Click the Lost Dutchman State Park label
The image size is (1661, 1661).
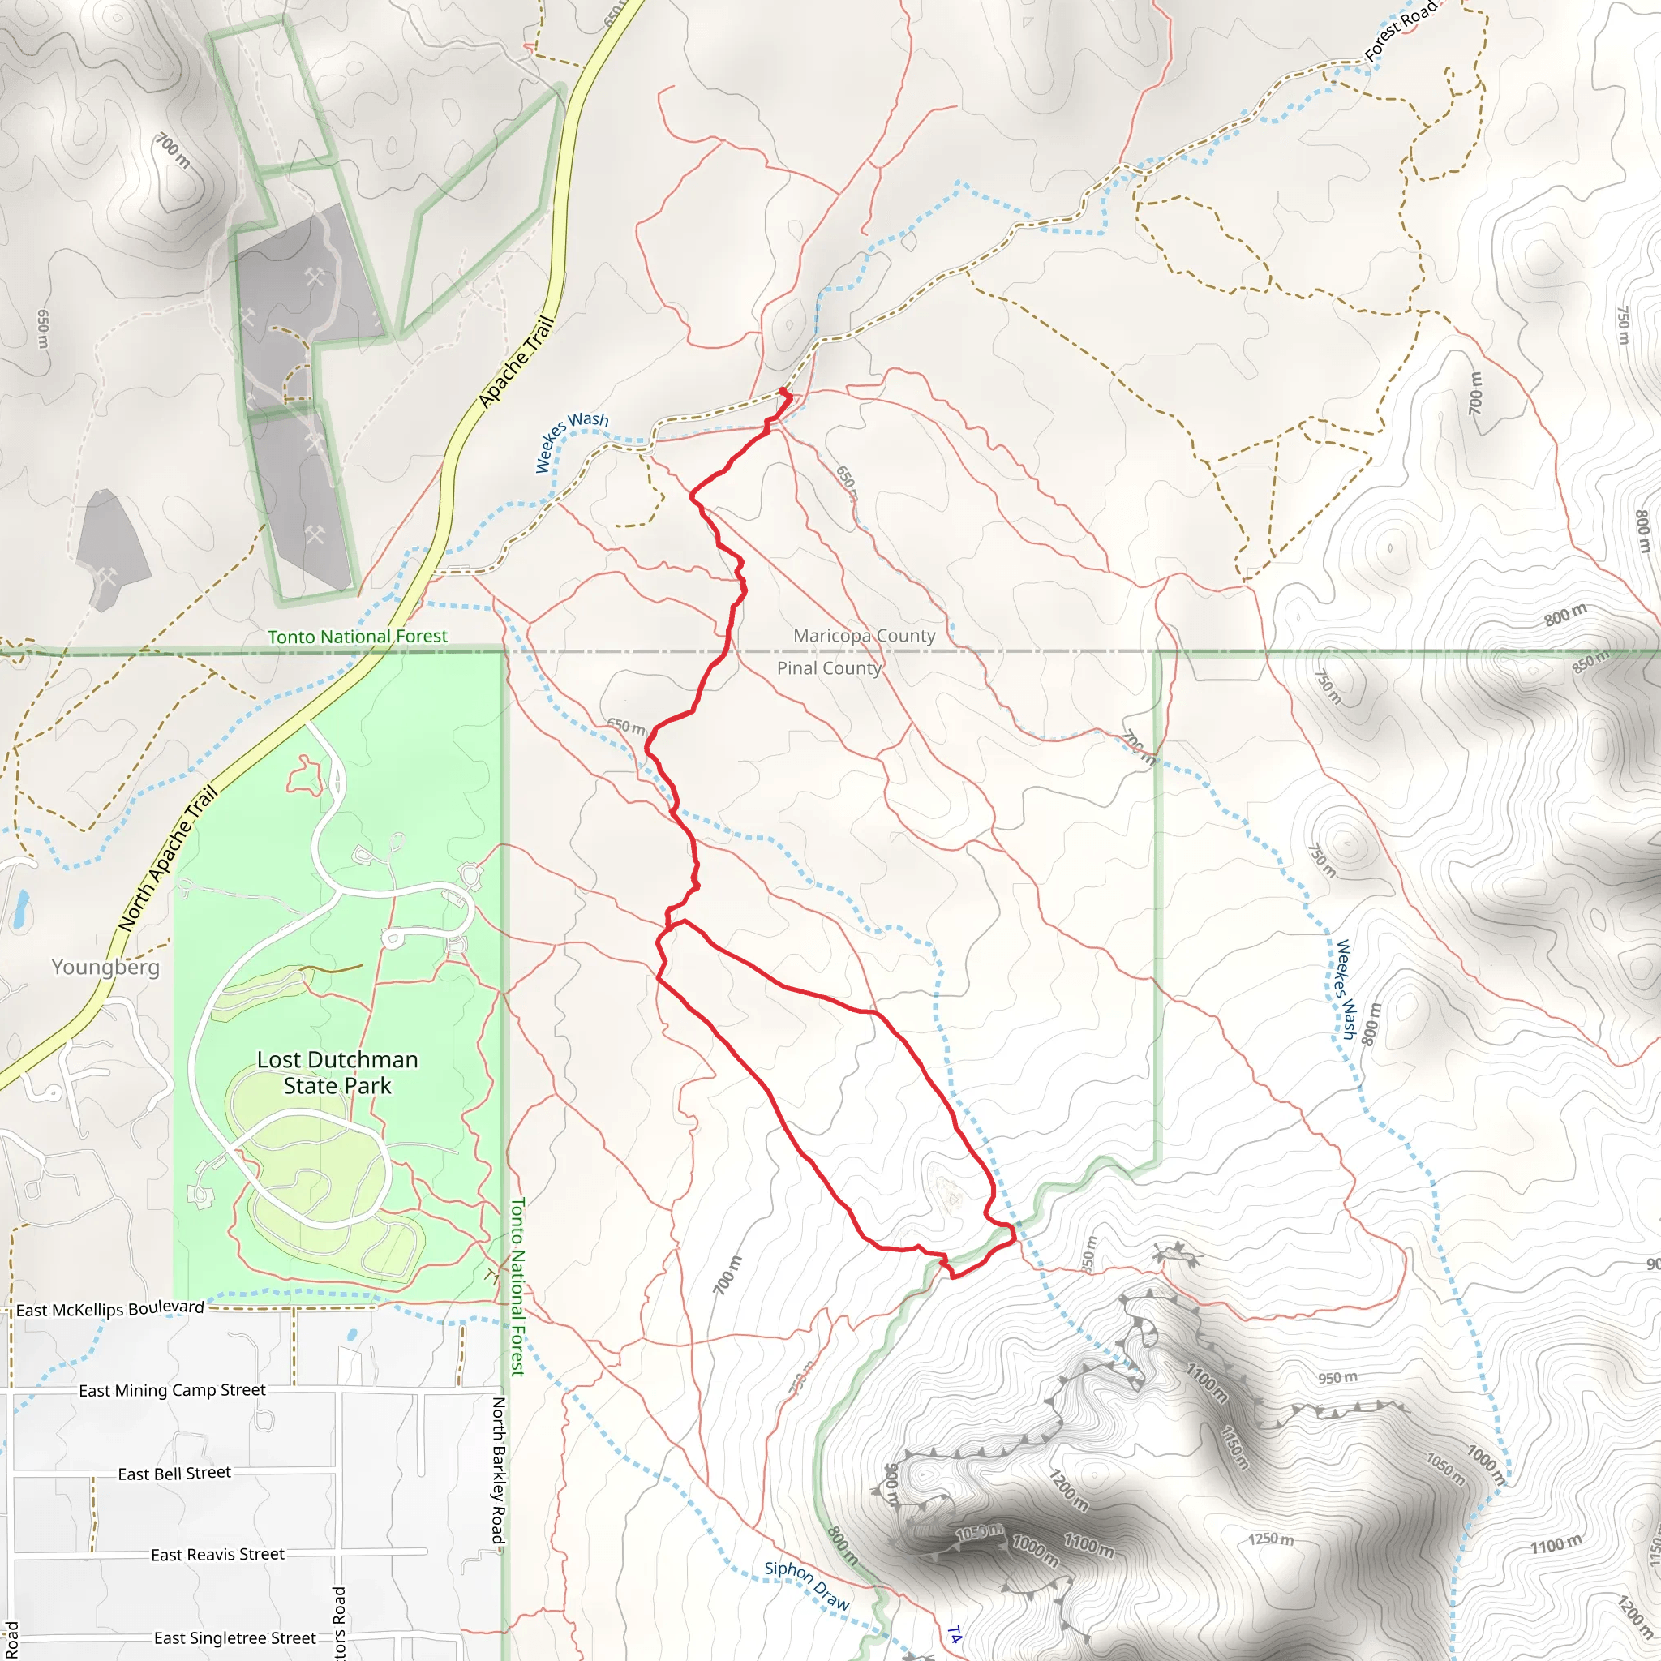[x=337, y=1072]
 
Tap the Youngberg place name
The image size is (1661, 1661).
[x=105, y=968]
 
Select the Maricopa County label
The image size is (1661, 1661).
[x=864, y=635]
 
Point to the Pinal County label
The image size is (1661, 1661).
[x=829, y=668]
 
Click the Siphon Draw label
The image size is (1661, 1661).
[x=806, y=1585]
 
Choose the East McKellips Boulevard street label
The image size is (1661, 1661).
[x=110, y=1308]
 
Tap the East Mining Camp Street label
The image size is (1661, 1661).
[x=172, y=1390]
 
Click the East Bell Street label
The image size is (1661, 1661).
[x=174, y=1474]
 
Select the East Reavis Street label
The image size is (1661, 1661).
[x=217, y=1555]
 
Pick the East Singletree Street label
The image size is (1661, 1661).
[x=234, y=1637]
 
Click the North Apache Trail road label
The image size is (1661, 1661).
[x=168, y=859]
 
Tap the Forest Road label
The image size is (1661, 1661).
[x=1400, y=30]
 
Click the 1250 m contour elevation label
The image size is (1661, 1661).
[x=1271, y=1538]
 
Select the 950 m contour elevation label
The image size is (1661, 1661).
[x=1337, y=1377]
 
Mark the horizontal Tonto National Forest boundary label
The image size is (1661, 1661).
[x=357, y=636]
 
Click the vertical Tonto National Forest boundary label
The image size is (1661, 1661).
[x=517, y=1286]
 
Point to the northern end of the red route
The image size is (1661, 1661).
[x=783, y=391]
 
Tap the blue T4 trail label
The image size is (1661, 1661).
[x=955, y=1634]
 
